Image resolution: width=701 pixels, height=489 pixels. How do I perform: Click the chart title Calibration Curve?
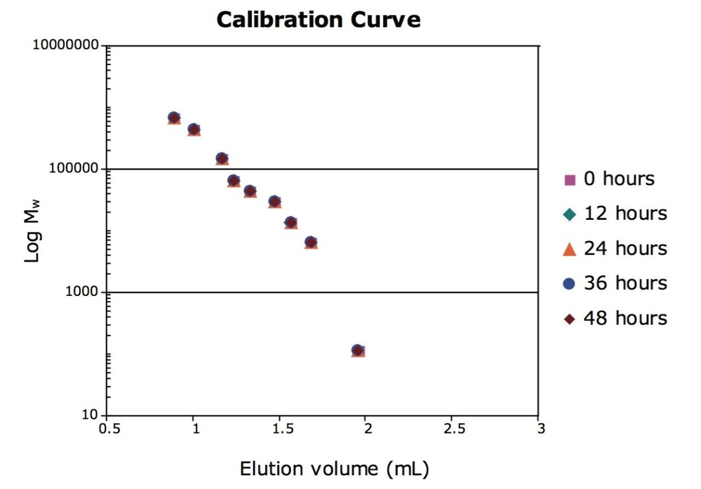(319, 20)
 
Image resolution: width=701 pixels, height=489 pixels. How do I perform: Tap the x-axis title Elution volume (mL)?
(334, 469)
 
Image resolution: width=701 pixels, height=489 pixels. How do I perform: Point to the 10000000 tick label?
(69, 44)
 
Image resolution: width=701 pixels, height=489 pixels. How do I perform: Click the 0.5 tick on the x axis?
(107, 429)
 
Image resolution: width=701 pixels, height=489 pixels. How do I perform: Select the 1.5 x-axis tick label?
(280, 429)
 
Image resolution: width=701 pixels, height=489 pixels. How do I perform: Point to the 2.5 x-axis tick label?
(453, 429)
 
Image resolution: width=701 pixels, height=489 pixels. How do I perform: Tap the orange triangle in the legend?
(570, 249)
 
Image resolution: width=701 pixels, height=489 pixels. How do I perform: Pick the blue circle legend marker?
(570, 283)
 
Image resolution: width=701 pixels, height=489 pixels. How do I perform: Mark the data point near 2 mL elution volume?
(358, 350)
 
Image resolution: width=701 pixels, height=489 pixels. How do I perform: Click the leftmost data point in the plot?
(174, 118)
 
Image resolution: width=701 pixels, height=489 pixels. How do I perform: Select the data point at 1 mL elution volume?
(194, 129)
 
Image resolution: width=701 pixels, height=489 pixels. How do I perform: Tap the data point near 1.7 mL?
(311, 242)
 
